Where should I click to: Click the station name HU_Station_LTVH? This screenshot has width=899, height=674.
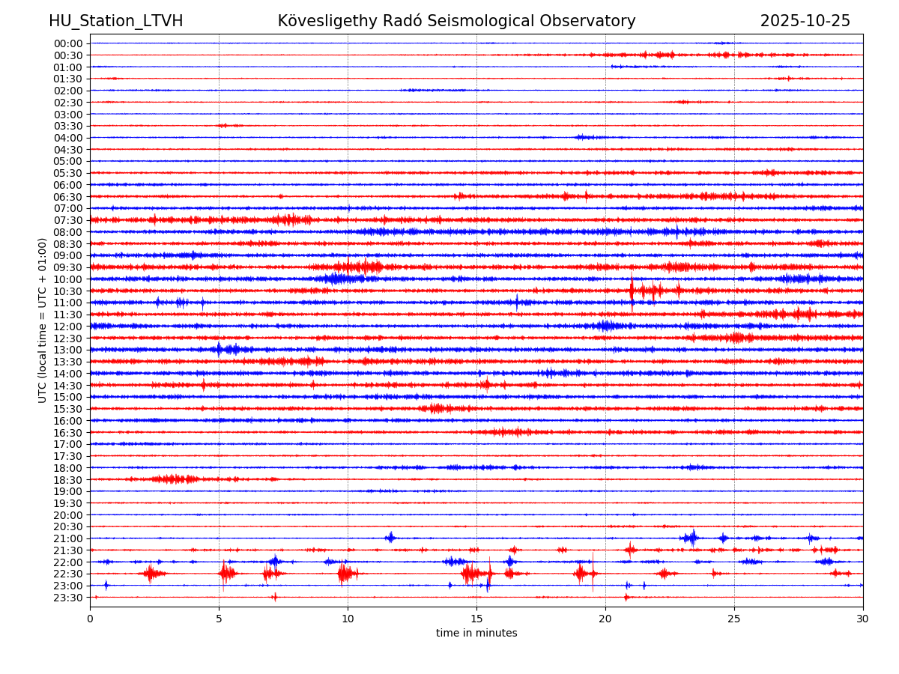[115, 21]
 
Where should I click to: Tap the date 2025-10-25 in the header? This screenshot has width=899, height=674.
[805, 21]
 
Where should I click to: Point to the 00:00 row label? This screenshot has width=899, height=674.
[67, 43]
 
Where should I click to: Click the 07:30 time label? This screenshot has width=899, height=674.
[67, 220]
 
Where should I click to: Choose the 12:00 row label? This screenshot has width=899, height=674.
[67, 327]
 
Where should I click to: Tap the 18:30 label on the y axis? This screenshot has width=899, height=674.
[67, 480]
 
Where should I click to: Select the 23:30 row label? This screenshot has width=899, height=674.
[67, 598]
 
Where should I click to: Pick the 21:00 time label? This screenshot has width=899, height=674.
[67, 538]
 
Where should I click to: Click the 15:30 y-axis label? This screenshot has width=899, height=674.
[67, 409]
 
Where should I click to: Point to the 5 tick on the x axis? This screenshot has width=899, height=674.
[219, 619]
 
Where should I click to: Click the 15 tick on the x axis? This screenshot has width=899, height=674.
[476, 619]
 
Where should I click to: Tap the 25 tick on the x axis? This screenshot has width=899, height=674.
[734, 619]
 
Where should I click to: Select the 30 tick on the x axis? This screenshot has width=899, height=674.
[863, 619]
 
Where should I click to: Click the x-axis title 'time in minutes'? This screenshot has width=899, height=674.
[476, 634]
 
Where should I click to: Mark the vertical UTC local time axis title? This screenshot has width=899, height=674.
[43, 320]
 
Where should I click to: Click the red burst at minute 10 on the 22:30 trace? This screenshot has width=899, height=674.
[345, 574]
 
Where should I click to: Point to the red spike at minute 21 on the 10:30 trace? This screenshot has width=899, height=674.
[632, 291]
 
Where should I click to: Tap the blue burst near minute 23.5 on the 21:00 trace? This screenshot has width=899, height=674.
[692, 538]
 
